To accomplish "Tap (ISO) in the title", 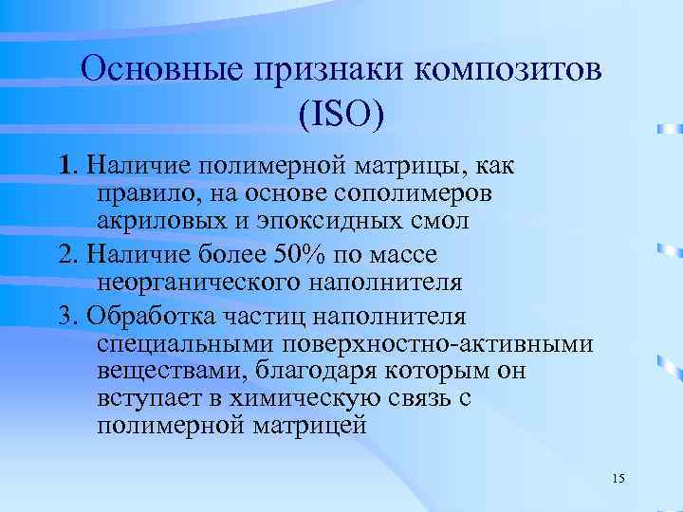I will [341, 115].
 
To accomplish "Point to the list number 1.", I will [64, 168].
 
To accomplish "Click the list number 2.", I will [65, 255].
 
